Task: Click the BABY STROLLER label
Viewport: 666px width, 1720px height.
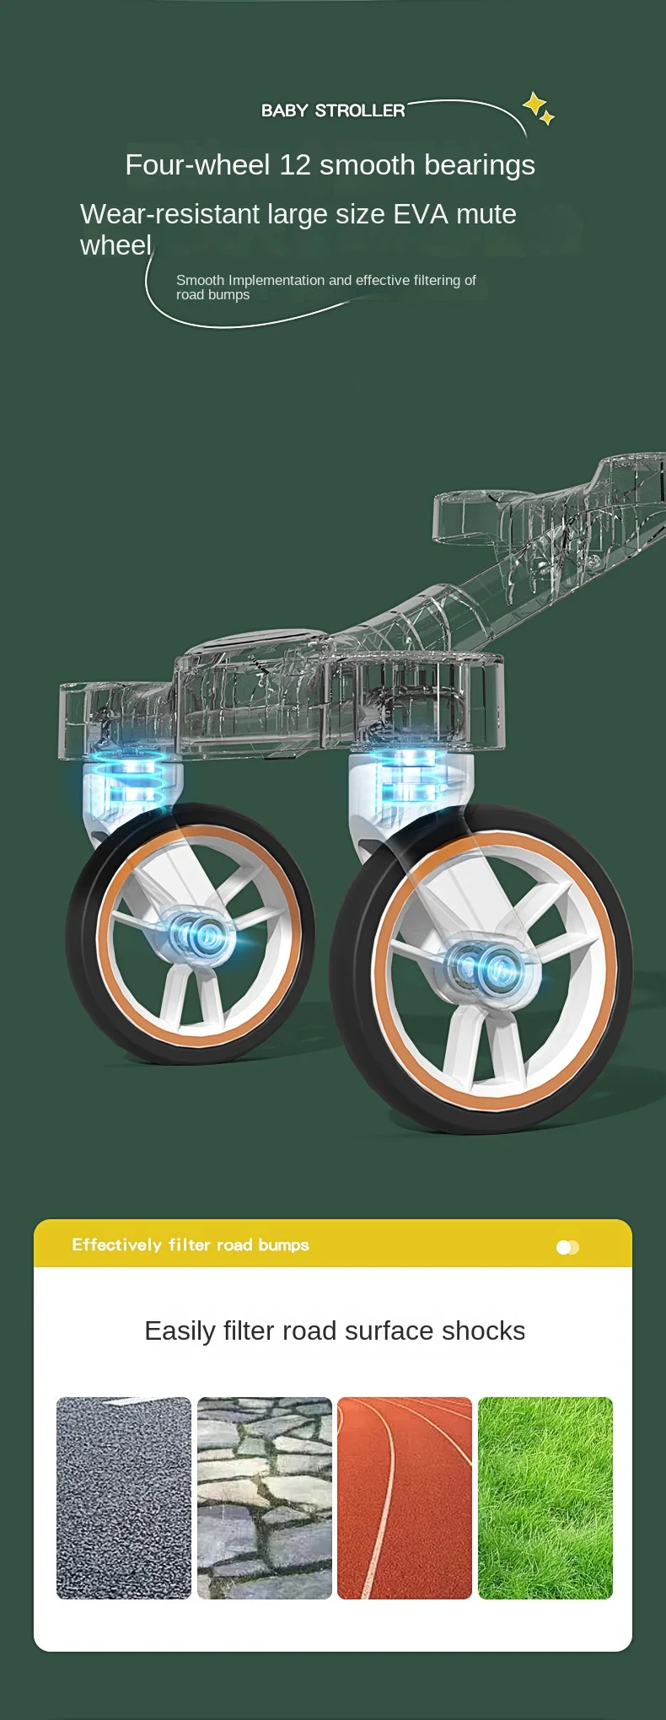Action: (333, 110)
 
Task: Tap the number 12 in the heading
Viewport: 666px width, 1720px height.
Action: (295, 164)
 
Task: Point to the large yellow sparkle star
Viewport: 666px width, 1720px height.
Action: (534, 104)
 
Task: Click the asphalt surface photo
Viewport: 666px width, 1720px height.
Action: (124, 1497)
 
